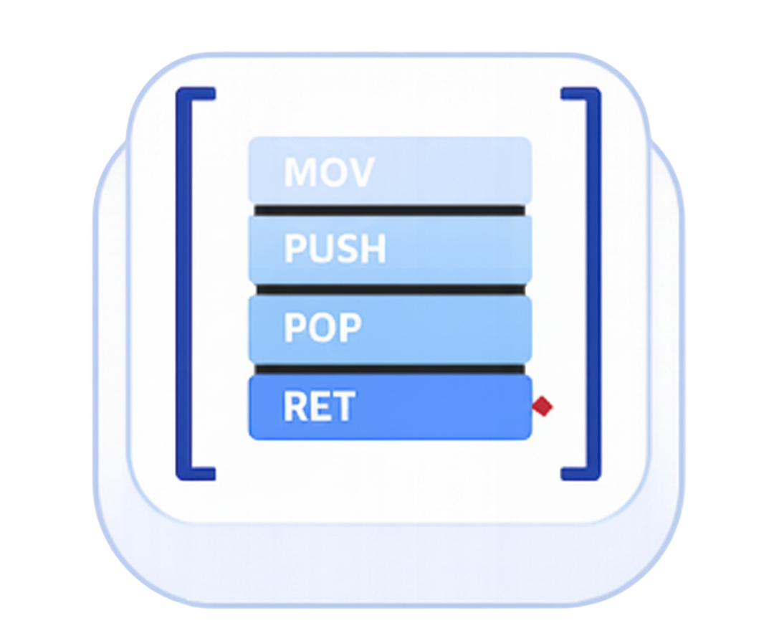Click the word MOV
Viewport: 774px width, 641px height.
(328, 172)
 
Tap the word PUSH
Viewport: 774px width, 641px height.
(335, 249)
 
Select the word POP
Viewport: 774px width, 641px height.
(322, 328)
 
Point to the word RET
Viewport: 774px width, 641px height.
(318, 407)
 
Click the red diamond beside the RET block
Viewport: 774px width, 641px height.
(543, 407)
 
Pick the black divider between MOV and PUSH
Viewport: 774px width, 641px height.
(390, 210)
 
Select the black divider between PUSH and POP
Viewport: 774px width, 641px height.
(390, 289)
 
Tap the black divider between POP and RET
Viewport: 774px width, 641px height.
(390, 369)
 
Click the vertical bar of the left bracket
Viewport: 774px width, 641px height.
(181, 283)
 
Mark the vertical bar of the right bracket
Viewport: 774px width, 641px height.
(594, 283)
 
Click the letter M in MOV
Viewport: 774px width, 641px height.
(300, 172)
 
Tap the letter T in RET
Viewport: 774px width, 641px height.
(343, 407)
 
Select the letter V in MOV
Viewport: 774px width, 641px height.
(360, 172)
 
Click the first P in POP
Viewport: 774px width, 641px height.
(296, 328)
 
